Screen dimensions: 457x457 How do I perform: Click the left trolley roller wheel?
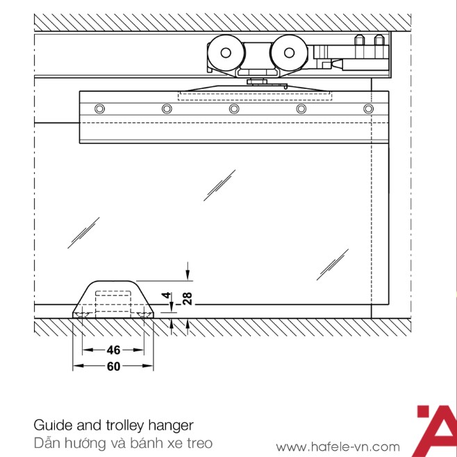tap(226, 53)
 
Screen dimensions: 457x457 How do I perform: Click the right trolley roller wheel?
tap(289, 53)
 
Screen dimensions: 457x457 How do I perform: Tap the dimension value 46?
tap(113, 350)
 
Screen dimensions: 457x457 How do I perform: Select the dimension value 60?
tap(113, 367)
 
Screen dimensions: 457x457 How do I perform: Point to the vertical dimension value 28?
tap(188, 298)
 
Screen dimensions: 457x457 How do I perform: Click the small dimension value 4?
tap(167, 295)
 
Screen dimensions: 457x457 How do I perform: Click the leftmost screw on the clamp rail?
tap(100, 109)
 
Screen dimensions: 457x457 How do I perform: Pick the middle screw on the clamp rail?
tap(234, 109)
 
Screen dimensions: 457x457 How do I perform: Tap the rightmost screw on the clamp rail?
tap(368, 109)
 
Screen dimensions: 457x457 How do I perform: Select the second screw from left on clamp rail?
tap(167, 109)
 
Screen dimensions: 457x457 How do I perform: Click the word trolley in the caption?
tap(125, 426)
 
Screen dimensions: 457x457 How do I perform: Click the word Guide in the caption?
tap(53, 425)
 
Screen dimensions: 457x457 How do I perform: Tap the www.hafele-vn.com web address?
tap(338, 447)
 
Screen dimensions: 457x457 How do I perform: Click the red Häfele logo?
tap(436, 431)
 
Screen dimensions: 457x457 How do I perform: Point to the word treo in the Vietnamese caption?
tap(199, 443)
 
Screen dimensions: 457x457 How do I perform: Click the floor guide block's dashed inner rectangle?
tap(113, 301)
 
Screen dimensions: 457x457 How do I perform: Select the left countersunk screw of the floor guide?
tap(82, 315)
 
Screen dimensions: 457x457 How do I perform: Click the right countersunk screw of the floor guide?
tap(144, 315)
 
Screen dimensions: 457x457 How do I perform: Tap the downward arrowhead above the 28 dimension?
tap(188, 275)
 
